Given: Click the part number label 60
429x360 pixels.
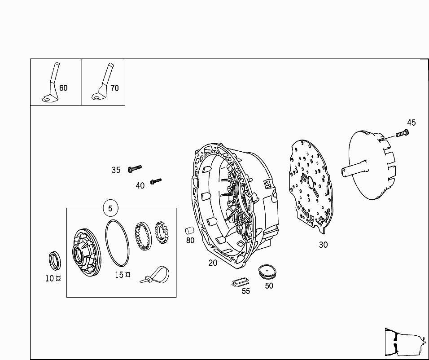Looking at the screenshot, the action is [63, 88].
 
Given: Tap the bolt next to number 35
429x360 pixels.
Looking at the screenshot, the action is [135, 168].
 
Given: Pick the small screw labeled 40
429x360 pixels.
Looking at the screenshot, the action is [156, 181].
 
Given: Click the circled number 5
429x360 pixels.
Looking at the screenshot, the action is [110, 208].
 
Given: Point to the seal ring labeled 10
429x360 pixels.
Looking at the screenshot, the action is [55, 260].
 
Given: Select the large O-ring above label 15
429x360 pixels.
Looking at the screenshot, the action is [117, 243].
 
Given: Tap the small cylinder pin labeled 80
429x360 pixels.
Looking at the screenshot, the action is [190, 231].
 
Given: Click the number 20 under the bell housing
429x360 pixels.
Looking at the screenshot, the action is [213, 263].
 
